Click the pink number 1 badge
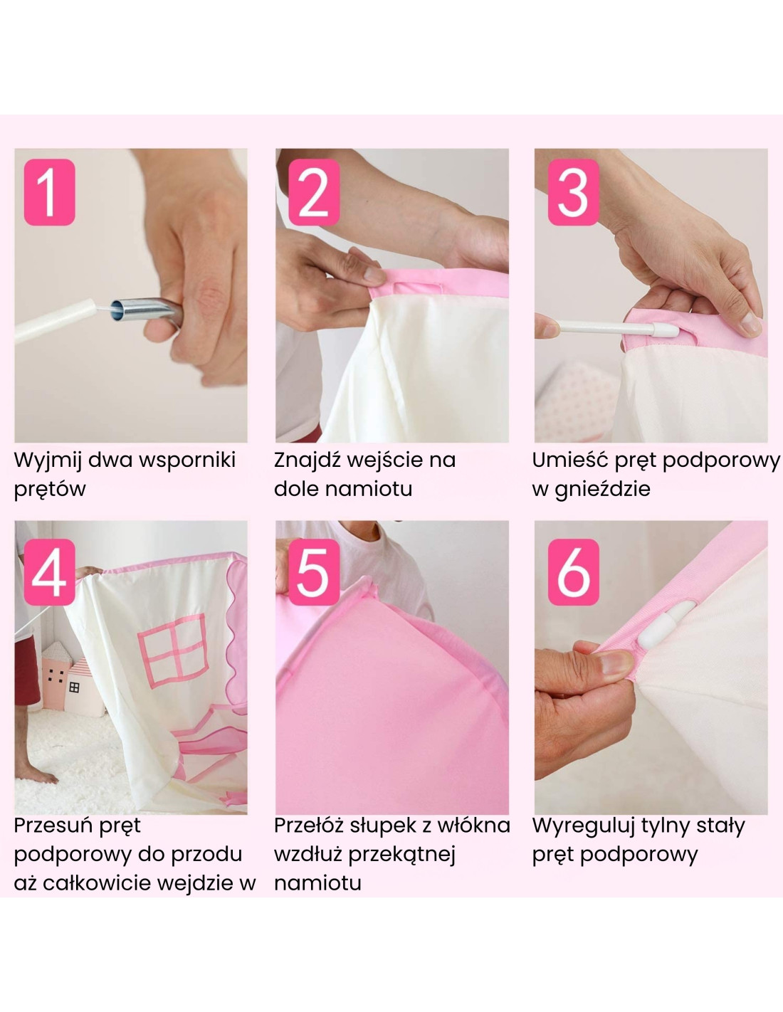pyautogui.click(x=49, y=192)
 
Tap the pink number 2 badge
pyautogui.click(x=313, y=192)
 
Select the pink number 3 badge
pyautogui.click(x=573, y=192)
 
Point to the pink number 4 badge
pyautogui.click(x=49, y=572)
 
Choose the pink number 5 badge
pyautogui.click(x=313, y=572)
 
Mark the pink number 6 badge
pyautogui.click(x=573, y=572)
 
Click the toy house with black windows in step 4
pyautogui.click(x=54, y=675)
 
